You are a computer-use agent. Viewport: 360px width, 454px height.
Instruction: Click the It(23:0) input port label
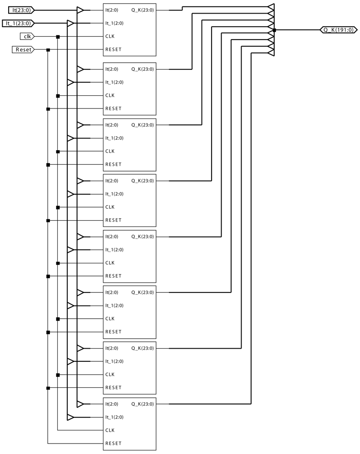point(21,10)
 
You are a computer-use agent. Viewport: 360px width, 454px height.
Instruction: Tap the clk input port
point(27,36)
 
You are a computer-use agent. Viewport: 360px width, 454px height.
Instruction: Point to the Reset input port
point(22,49)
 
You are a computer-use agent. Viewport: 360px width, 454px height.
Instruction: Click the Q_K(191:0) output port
point(338,30)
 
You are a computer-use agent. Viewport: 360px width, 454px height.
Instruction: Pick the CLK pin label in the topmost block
point(110,36)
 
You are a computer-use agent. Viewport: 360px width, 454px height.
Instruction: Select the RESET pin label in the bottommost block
point(113,444)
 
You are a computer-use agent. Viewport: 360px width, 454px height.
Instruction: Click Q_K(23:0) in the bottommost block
point(143,404)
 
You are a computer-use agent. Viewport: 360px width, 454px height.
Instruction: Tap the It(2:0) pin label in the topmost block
point(112,10)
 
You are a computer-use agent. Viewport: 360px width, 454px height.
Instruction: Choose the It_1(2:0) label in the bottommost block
point(114,417)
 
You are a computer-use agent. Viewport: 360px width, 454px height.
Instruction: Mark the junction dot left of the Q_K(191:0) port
point(275,30)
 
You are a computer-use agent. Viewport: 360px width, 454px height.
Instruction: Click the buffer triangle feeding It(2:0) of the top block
point(80,10)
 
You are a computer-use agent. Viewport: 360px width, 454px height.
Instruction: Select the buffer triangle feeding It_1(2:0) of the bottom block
point(70,417)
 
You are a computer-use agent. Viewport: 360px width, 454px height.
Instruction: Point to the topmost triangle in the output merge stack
point(271,7)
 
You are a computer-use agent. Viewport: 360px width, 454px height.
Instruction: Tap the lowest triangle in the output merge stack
point(271,53)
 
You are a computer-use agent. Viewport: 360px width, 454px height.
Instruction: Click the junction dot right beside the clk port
point(58,36)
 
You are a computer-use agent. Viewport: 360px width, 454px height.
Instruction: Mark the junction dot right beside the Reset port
point(48,49)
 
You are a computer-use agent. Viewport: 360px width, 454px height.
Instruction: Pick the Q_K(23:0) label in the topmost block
point(143,10)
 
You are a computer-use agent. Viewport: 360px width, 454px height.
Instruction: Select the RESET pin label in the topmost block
point(113,49)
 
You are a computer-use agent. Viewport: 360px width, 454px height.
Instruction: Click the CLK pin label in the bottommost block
point(110,430)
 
